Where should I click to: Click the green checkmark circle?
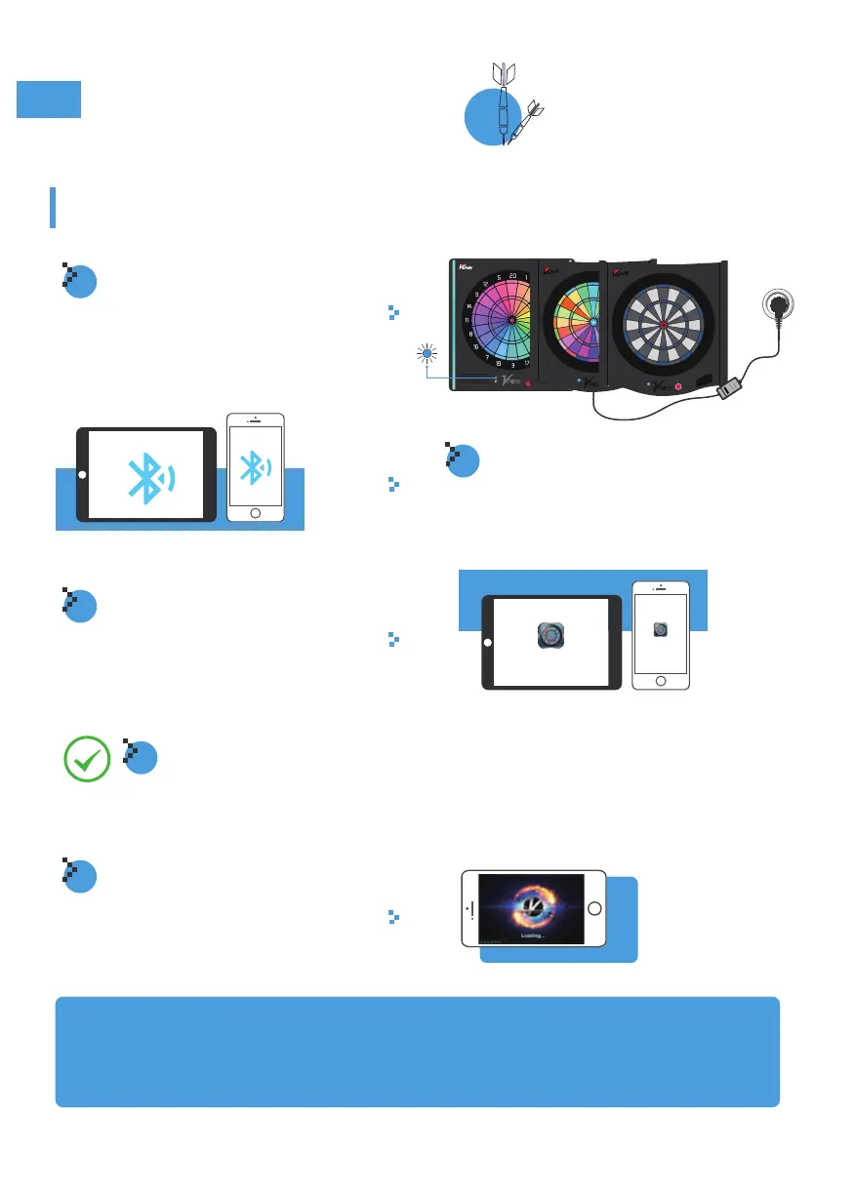(85, 760)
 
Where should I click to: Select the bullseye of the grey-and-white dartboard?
(664, 325)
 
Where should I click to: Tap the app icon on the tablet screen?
(551, 636)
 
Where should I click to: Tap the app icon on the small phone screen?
(660, 630)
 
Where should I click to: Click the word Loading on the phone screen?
(533, 935)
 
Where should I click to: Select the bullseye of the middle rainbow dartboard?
(592, 322)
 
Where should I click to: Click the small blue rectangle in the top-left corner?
(48, 100)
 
